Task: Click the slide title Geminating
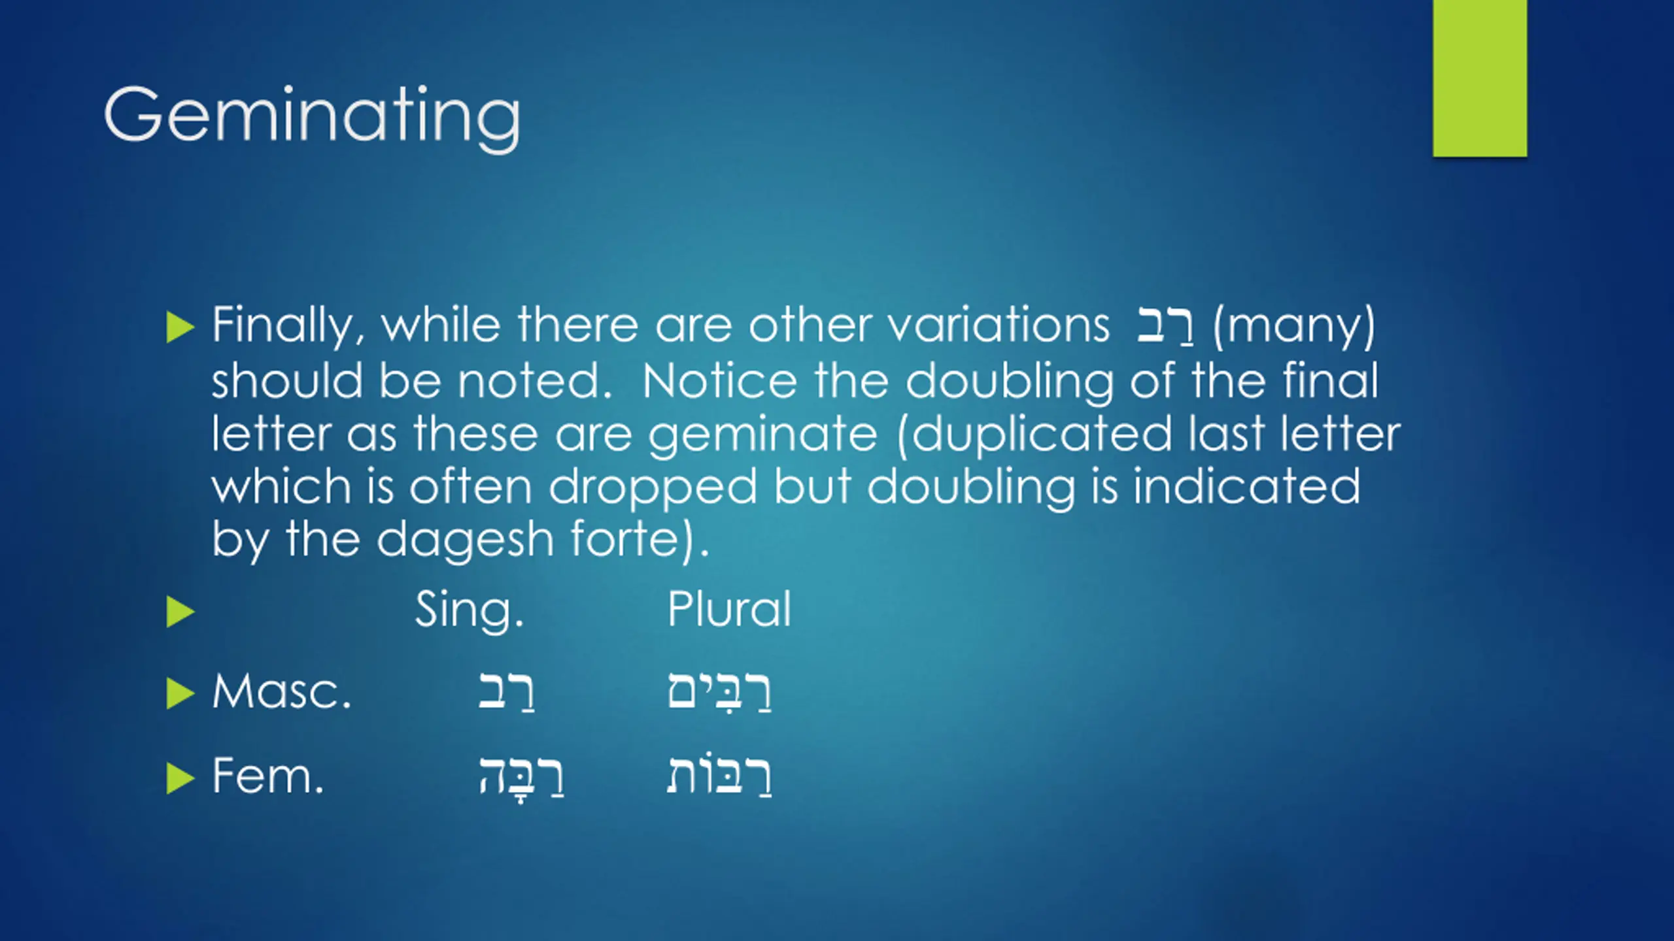click(x=312, y=118)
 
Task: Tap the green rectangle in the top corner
click(x=1480, y=78)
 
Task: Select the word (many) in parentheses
click(x=1294, y=326)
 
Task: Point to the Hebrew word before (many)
click(x=1166, y=326)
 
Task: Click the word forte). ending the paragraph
click(x=640, y=540)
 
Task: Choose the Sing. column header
click(x=470, y=610)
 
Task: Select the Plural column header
click(x=729, y=609)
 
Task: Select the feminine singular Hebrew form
click(x=521, y=778)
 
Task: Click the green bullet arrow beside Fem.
click(x=180, y=778)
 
